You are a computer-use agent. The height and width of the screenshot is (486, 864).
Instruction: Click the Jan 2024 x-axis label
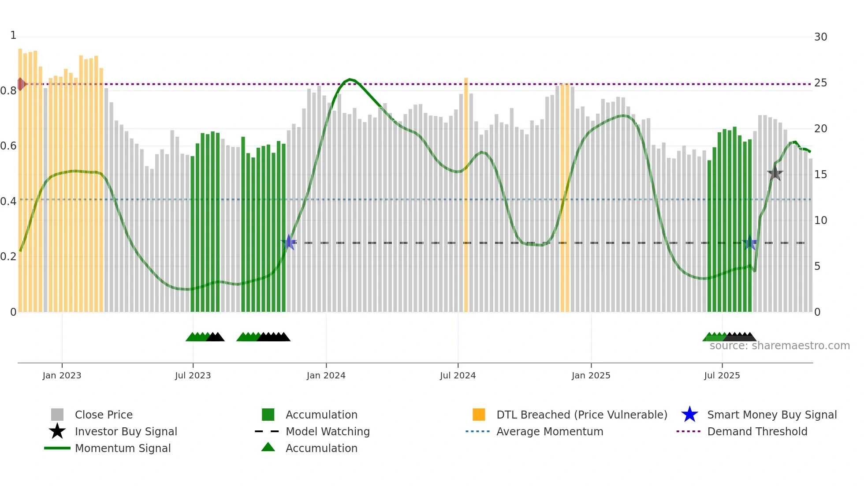(x=326, y=376)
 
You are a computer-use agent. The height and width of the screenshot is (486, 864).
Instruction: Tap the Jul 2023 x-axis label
(x=193, y=376)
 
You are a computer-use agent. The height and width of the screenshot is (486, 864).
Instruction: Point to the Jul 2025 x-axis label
(x=722, y=376)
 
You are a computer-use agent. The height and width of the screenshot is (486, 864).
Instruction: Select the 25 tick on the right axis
(x=820, y=83)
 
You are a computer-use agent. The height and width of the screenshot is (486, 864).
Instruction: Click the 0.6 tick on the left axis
(x=8, y=146)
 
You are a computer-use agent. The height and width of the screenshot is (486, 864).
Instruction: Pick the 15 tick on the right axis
(x=820, y=175)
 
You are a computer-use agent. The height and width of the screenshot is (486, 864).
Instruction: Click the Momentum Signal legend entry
(x=123, y=449)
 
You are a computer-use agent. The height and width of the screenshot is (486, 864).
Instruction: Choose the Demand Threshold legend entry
(x=757, y=432)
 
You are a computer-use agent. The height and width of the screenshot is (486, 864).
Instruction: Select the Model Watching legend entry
(x=327, y=432)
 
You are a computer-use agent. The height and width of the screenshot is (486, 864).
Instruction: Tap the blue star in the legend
(x=689, y=415)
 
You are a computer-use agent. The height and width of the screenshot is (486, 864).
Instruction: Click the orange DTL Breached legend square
(x=479, y=415)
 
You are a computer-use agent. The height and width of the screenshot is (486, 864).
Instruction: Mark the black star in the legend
(x=57, y=431)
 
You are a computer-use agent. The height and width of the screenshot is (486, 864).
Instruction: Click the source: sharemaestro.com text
(x=779, y=346)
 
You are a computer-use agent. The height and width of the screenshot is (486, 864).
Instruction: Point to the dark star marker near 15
(x=775, y=173)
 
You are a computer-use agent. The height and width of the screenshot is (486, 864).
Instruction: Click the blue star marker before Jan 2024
(x=289, y=242)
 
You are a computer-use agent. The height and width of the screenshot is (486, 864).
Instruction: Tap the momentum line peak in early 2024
(x=350, y=79)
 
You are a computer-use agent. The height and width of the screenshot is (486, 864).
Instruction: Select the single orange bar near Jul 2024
(x=466, y=194)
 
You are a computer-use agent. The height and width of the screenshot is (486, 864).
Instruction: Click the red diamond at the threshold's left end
(x=21, y=84)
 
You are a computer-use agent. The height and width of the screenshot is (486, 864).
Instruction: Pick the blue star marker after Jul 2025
(x=750, y=243)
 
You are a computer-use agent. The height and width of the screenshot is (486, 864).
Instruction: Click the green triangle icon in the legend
(x=268, y=447)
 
